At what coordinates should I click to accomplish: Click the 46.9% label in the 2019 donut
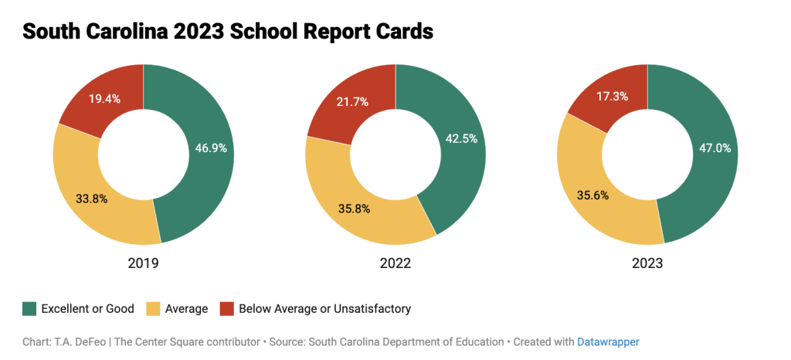point(210,148)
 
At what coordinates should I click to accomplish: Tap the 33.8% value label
point(91,199)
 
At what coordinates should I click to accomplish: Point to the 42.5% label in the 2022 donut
point(460,139)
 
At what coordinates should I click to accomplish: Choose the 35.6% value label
point(592,195)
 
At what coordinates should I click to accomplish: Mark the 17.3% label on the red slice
point(611,97)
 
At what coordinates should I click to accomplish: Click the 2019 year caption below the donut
point(143,263)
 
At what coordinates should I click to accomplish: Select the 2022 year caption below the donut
point(395,263)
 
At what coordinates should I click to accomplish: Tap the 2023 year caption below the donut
point(647,263)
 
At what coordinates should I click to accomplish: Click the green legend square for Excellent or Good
point(29,309)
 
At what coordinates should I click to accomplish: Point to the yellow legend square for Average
point(151,309)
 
